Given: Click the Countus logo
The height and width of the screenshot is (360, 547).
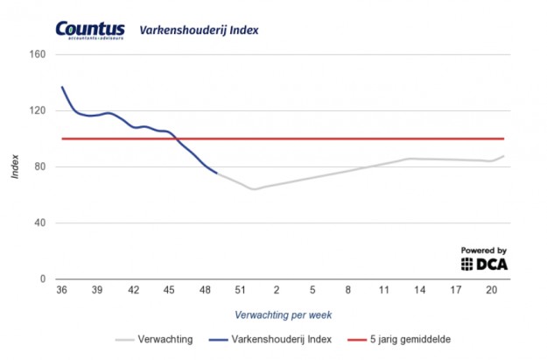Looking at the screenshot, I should tap(90, 32).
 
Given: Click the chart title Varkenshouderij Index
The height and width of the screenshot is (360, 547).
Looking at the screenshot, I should tap(199, 31).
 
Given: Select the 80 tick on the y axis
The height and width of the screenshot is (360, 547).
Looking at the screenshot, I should tap(41, 166).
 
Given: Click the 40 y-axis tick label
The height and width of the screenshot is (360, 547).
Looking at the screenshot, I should tap(41, 222).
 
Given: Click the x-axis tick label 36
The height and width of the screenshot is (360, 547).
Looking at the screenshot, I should tap(61, 291).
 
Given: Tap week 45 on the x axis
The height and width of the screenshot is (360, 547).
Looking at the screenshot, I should tap(169, 291).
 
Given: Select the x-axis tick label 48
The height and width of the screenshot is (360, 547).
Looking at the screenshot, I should tap(205, 291).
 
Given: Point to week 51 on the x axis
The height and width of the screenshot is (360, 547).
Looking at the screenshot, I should tap(241, 291).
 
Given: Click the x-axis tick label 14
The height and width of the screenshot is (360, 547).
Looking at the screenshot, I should tap(420, 291).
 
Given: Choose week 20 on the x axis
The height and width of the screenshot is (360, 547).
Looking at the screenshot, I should tap(491, 291).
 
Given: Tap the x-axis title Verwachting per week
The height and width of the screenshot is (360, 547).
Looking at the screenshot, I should tap(283, 314).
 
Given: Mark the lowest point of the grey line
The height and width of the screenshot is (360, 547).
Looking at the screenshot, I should tap(254, 189).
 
